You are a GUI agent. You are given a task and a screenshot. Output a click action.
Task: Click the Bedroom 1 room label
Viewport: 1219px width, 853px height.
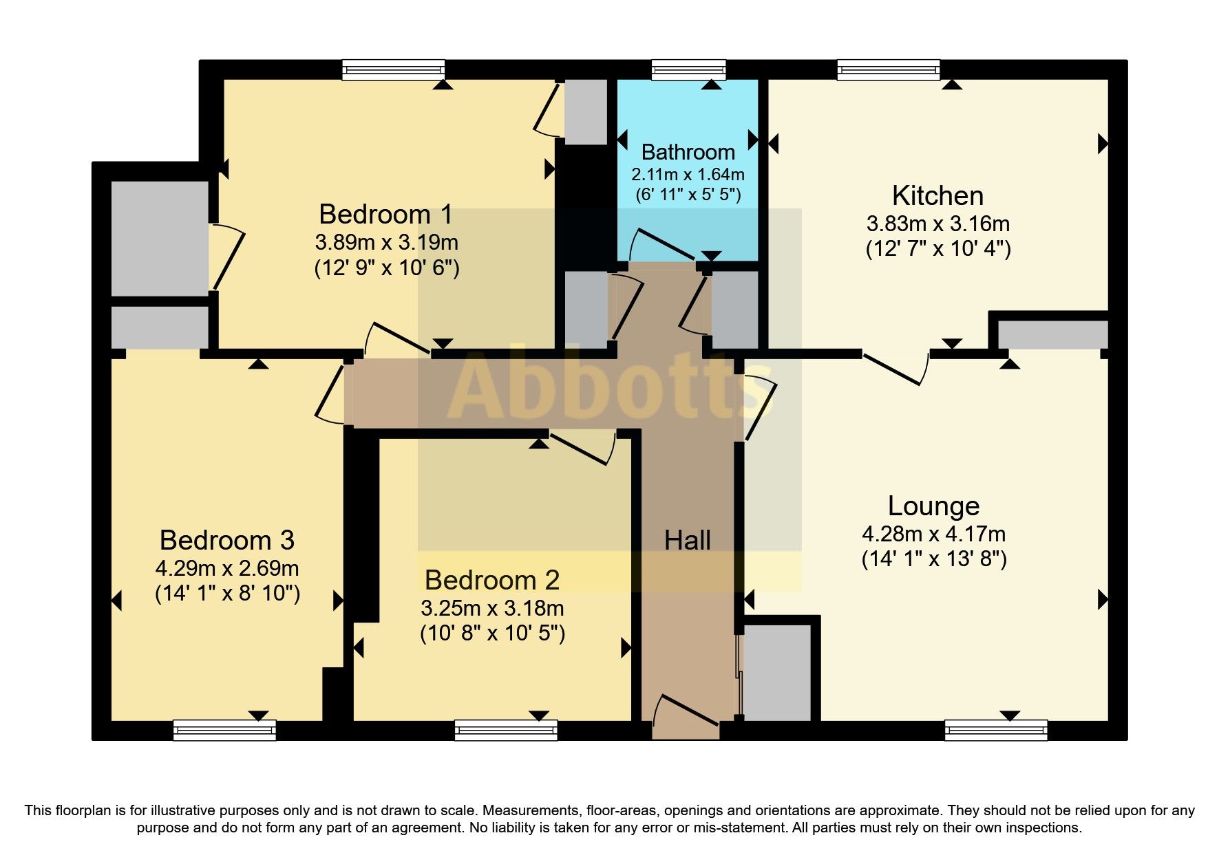[x=385, y=214]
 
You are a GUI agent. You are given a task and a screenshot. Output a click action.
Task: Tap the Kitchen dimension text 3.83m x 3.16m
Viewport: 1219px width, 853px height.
[x=937, y=224]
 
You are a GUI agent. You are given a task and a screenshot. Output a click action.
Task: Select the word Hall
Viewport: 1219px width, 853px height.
[x=687, y=541]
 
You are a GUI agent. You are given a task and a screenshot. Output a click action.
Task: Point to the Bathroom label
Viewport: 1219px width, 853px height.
[x=688, y=152]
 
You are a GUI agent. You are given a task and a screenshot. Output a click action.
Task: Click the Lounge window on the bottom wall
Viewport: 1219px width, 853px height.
[x=996, y=730]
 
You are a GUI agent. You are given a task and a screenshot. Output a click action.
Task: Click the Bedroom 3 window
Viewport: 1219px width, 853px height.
[x=224, y=730]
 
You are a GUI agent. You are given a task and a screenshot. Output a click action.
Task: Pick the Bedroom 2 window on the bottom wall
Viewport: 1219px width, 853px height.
[x=506, y=730]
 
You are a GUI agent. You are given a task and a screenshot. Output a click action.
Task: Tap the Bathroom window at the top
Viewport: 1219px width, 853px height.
[x=688, y=69]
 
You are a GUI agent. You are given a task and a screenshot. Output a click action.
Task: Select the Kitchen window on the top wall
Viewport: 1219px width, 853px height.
[x=888, y=69]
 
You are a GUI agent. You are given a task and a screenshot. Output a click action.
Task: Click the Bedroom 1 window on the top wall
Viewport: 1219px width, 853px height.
[x=394, y=69]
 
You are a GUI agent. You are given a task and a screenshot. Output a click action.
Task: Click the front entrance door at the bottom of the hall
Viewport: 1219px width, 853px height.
[x=686, y=715]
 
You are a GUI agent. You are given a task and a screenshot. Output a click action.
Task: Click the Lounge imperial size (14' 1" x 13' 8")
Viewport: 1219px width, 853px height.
[x=934, y=559]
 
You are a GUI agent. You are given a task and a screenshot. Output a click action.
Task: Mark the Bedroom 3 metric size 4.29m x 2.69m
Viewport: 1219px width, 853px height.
[x=227, y=568]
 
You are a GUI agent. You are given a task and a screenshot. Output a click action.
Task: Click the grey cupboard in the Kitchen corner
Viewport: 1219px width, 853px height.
[x=1052, y=334]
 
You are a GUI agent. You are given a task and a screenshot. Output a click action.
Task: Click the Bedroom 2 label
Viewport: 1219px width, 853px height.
[x=492, y=580]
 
